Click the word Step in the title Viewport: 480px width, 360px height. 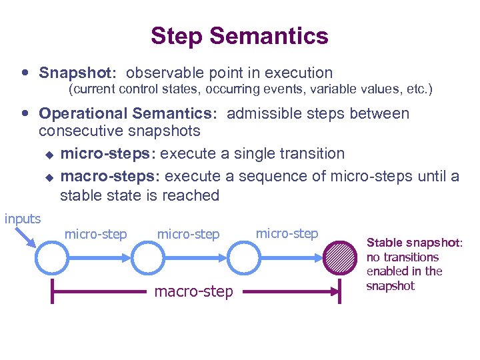(175, 36)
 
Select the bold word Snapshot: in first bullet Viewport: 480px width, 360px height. (79, 73)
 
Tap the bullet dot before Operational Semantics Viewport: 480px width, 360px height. (25, 113)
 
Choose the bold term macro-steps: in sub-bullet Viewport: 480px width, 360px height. (110, 176)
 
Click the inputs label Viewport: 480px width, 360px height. (23, 219)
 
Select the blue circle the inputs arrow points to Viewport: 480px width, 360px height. (54, 258)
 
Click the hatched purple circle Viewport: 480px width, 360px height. (340, 258)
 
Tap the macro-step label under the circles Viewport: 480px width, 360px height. (194, 291)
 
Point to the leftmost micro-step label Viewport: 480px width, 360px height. (95, 234)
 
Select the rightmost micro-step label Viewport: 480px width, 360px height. (287, 233)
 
